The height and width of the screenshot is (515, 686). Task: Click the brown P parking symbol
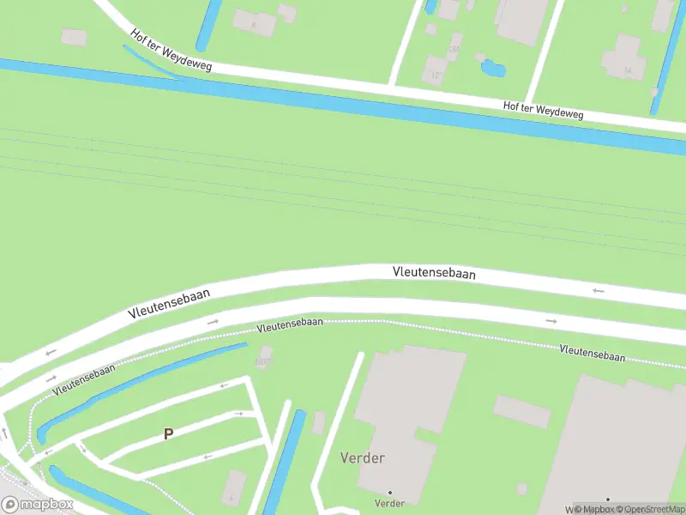[x=168, y=434]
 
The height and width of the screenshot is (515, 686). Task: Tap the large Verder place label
[x=363, y=457]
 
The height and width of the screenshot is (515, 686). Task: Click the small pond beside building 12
[x=493, y=66]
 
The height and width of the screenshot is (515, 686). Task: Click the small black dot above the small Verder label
[x=390, y=493]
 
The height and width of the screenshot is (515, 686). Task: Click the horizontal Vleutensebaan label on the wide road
[x=434, y=273]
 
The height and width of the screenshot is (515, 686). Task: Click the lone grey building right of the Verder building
[x=521, y=412]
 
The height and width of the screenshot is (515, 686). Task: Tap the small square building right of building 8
[x=287, y=13]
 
